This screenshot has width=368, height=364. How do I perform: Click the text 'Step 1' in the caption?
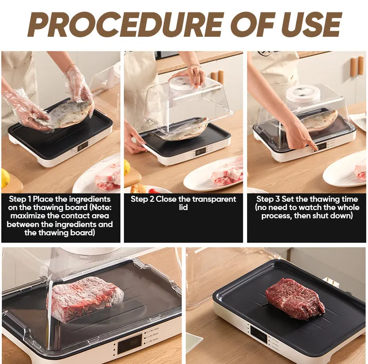(20, 199)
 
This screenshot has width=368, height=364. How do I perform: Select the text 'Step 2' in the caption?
(142, 199)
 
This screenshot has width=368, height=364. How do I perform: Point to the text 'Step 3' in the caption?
(268, 199)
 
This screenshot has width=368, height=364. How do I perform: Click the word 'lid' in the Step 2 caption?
(183, 207)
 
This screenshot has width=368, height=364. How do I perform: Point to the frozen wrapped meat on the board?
(85, 296)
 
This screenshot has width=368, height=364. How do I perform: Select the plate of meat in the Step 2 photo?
(213, 174)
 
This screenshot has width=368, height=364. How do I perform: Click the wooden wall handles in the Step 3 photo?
(357, 66)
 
